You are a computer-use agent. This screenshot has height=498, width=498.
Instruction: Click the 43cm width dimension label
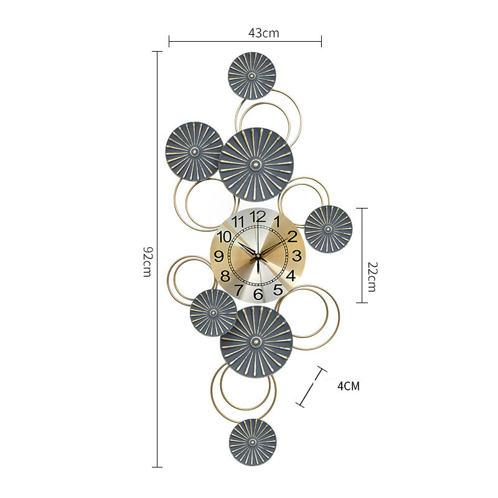tap(263, 33)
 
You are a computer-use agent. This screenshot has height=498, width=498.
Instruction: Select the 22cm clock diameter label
tap(372, 276)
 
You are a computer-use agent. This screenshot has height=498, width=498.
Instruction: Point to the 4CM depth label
tap(349, 386)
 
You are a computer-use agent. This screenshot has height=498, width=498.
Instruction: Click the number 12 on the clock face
tap(258, 217)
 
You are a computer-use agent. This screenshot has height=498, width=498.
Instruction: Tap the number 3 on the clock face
tap(297, 256)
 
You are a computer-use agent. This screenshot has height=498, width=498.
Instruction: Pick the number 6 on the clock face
tap(258, 294)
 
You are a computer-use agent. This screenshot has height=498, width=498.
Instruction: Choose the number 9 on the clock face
tap(219, 256)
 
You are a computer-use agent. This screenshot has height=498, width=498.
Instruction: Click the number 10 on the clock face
tap(224, 237)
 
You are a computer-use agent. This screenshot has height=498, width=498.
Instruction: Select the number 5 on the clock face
tap(278, 289)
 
